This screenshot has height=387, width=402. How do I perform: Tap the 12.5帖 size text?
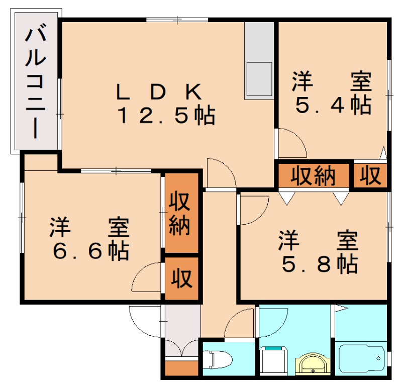166,116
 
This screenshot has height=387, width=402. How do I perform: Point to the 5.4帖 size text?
333,105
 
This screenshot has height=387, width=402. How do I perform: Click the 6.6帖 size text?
90,251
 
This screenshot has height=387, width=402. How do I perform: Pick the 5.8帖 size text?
320,263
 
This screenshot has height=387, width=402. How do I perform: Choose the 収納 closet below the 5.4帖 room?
314,175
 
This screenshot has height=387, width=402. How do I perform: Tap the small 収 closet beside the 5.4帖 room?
370,176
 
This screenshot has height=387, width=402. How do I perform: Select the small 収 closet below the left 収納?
182,278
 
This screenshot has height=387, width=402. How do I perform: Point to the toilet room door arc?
240,323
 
